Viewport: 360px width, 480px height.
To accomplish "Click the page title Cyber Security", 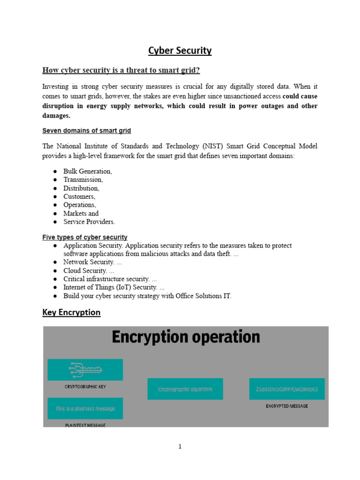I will click(180, 51).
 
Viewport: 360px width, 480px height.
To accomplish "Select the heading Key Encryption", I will click(71, 312).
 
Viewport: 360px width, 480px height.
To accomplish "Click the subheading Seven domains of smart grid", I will click(87, 130).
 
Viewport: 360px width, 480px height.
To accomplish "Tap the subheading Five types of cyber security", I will click(85, 237).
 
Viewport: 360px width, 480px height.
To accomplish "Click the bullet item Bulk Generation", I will click(88, 171).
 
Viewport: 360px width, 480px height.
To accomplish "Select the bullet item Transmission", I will click(83, 180).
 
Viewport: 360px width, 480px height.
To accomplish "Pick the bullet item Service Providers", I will click(89, 222).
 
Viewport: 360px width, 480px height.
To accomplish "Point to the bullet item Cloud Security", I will click(89, 270).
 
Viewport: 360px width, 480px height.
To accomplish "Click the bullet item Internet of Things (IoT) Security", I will click(114, 287).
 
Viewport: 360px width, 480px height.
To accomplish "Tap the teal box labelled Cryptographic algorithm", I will click(185, 389).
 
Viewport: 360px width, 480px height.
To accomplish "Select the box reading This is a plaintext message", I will click(85, 408).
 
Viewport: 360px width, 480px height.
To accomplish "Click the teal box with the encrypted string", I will click(287, 389).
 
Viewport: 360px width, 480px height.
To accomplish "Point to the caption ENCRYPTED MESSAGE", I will click(287, 406).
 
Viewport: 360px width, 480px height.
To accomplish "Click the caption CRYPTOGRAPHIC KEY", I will click(85, 387).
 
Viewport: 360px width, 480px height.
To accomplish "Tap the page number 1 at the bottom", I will click(180, 447).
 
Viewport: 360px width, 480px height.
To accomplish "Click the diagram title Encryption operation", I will click(186, 337).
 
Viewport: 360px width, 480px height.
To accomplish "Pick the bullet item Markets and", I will click(81, 213).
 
